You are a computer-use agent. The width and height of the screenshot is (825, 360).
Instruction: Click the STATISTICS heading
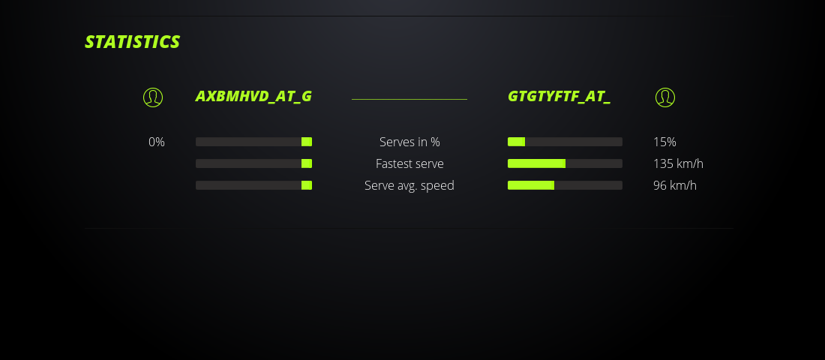pyautogui.click(x=132, y=42)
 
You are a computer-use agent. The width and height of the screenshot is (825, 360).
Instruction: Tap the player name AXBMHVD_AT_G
pyautogui.click(x=253, y=97)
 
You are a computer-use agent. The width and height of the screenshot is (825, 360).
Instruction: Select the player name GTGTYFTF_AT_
pyautogui.click(x=559, y=97)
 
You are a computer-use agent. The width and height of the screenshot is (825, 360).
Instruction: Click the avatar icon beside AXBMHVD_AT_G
pyautogui.click(x=153, y=97)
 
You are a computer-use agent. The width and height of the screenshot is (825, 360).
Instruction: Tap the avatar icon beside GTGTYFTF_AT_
pyautogui.click(x=665, y=97)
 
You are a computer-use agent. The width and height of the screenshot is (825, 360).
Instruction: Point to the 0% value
pyautogui.click(x=157, y=142)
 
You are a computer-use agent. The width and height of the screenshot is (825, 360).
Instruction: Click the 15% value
pyautogui.click(x=664, y=142)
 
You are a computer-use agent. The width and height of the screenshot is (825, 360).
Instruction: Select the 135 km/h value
pyautogui.click(x=678, y=163)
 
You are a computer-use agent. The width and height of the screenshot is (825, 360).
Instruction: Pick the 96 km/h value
pyautogui.click(x=674, y=185)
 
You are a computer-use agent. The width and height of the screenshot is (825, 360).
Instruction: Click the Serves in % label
pyautogui.click(x=409, y=142)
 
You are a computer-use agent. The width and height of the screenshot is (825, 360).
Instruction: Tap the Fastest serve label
pyautogui.click(x=409, y=163)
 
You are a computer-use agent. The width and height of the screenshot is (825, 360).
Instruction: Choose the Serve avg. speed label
pyautogui.click(x=409, y=186)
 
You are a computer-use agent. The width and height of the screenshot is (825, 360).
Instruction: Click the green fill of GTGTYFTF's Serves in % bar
pyautogui.click(x=516, y=142)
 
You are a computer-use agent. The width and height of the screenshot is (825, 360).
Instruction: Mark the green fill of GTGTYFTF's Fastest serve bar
pyautogui.click(x=537, y=163)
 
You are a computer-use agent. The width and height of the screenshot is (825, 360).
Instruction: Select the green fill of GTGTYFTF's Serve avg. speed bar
pyautogui.click(x=531, y=185)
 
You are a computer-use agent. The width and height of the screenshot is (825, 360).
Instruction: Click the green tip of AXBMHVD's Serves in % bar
pyautogui.click(x=307, y=142)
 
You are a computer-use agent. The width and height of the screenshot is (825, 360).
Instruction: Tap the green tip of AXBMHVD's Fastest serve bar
pyautogui.click(x=307, y=163)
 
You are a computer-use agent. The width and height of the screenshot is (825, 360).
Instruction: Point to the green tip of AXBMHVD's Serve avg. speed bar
pyautogui.click(x=307, y=185)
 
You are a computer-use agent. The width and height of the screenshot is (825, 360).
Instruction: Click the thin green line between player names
pyautogui.click(x=409, y=99)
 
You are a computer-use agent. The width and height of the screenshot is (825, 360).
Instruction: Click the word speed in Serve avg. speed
pyautogui.click(x=437, y=186)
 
